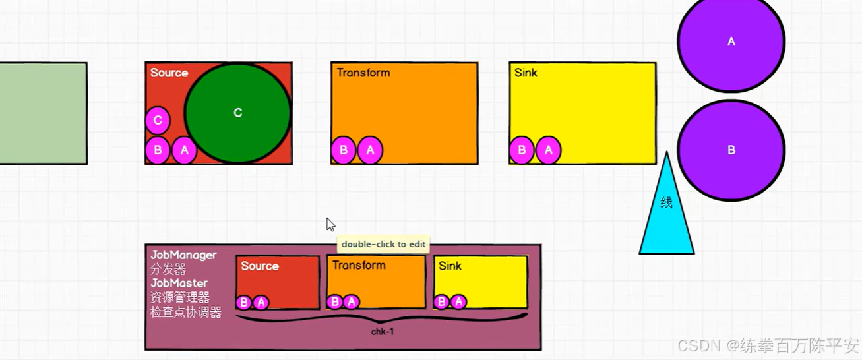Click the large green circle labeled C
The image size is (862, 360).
[237, 113]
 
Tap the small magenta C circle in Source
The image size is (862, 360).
[158, 121]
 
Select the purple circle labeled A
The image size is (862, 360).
[731, 42]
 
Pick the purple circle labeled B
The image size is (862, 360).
[731, 150]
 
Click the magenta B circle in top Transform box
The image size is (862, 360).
[344, 150]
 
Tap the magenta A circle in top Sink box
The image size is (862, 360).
[548, 150]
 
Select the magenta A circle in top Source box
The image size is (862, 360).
[184, 150]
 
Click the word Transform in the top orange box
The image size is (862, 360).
[363, 73]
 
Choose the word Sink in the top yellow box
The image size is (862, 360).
[526, 73]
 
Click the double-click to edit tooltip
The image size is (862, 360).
[383, 244]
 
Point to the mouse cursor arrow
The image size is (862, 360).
[330, 224]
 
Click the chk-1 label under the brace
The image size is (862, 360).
[383, 331]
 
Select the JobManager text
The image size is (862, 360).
[183, 255]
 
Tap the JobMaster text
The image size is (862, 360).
[179, 284]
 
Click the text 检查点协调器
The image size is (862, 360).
[185, 312]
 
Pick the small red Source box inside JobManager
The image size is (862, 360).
[278, 282]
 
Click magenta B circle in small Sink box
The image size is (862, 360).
[442, 302]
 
